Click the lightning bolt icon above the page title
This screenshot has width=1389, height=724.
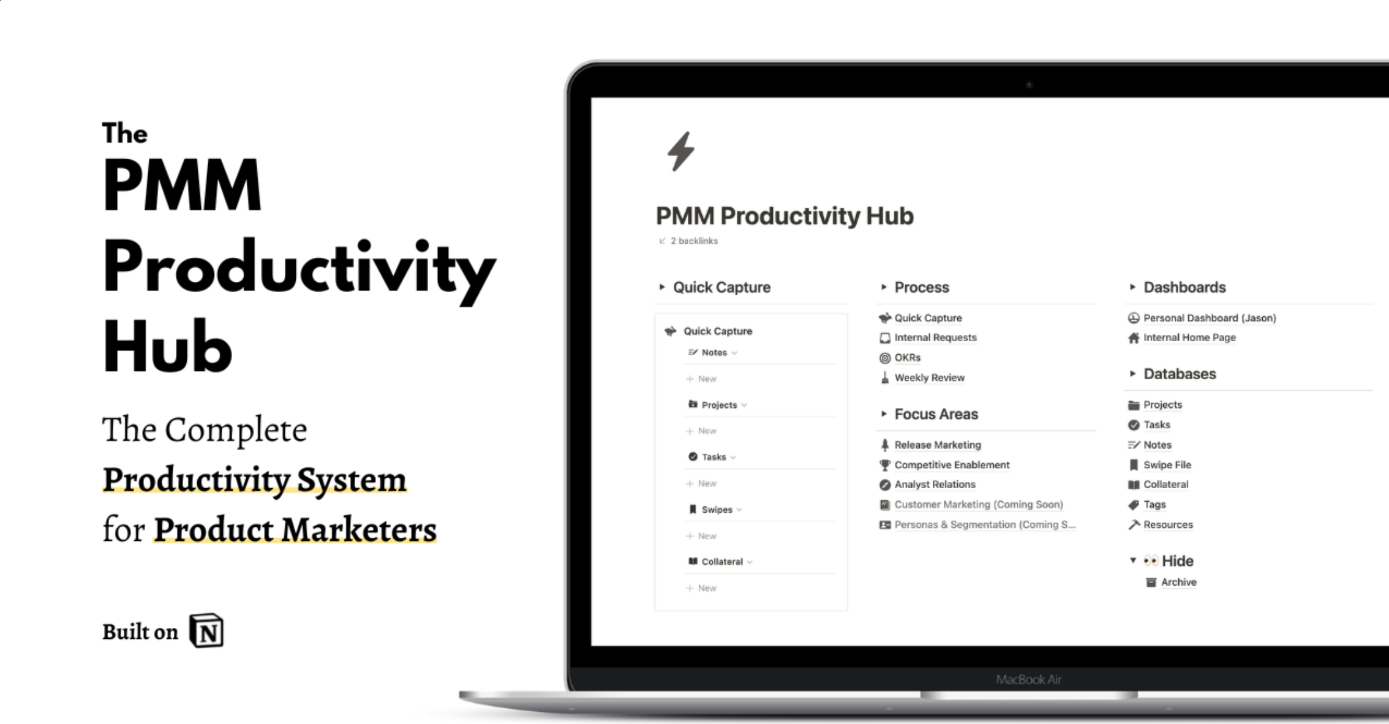680,151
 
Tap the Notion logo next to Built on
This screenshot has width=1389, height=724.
206,630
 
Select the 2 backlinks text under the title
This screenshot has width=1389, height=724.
693,241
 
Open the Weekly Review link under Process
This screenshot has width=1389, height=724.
929,377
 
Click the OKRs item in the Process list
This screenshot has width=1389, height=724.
907,357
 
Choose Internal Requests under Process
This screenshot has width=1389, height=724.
935,337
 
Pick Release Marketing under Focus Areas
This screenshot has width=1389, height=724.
937,445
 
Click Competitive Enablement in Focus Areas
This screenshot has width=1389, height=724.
952,465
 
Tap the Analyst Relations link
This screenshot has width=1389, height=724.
935,485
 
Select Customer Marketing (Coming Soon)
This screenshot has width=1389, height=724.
978,505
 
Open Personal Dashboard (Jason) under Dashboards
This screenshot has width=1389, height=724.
1210,318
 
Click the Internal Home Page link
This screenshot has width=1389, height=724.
1189,337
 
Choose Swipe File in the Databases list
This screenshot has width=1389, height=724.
1167,465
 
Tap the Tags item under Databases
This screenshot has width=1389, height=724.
1154,505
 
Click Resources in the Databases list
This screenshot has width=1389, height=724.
1168,525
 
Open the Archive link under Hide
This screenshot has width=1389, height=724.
1178,582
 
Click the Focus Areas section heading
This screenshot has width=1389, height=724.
936,414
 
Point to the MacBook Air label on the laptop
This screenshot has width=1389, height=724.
1028,679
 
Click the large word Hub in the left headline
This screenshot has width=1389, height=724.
167,347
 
